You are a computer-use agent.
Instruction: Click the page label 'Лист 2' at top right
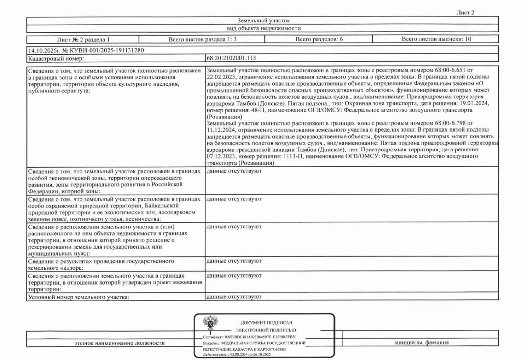click(x=465, y=12)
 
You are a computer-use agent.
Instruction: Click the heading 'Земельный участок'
click(x=263, y=20)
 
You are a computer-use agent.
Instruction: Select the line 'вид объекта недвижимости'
click(x=263, y=28)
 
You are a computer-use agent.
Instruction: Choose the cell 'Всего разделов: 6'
click(x=319, y=39)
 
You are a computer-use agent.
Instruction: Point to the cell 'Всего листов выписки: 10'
click(x=436, y=39)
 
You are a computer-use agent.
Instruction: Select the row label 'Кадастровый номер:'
click(x=56, y=58)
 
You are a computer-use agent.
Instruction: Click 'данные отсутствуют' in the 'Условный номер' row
click(x=234, y=297)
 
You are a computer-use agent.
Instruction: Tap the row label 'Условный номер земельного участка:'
click(x=79, y=297)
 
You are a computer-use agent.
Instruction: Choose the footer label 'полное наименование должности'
click(x=120, y=343)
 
